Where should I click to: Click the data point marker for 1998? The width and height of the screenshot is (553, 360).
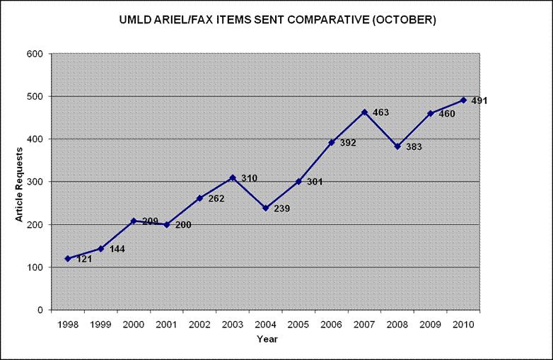pyautogui.click(x=68, y=258)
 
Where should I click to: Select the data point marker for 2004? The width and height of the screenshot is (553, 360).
pyautogui.click(x=266, y=208)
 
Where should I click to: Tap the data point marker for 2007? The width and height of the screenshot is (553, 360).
pyautogui.click(x=365, y=112)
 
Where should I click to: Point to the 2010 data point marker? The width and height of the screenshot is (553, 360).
pyautogui.click(x=464, y=100)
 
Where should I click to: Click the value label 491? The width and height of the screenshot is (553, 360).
pyautogui.click(x=479, y=100)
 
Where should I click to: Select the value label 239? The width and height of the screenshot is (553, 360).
pyautogui.click(x=281, y=209)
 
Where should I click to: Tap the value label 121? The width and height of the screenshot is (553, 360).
pyautogui.click(x=83, y=259)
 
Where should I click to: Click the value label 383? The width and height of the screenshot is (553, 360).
pyautogui.click(x=414, y=147)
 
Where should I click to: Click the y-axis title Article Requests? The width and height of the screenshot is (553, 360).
pyautogui.click(x=19, y=182)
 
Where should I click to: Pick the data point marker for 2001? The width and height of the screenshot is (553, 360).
pyautogui.click(x=167, y=225)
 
